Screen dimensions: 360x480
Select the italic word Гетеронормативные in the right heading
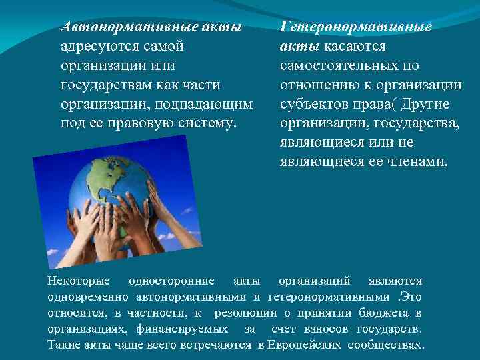pos(356,27)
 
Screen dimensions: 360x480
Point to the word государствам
pos(101,85)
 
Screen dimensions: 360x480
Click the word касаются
pos(353,47)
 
